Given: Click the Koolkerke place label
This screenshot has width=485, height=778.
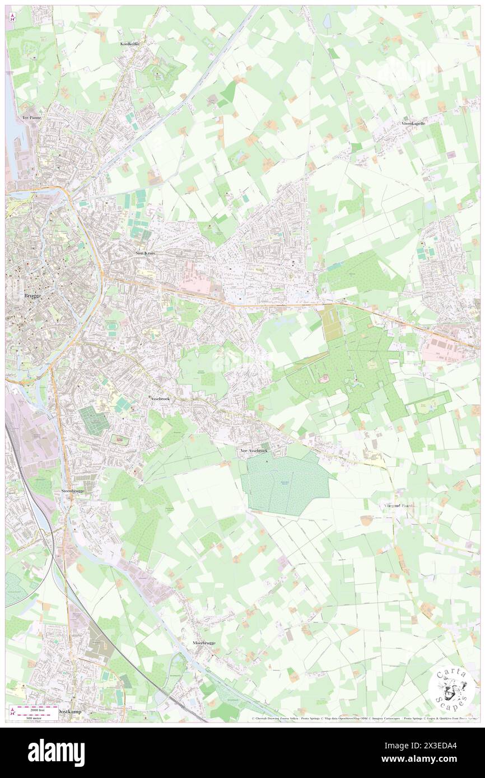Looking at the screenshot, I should tap(130, 44).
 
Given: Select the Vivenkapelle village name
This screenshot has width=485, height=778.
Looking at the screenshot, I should tap(413, 123).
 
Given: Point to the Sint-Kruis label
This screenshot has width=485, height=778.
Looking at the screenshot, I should tap(145, 253).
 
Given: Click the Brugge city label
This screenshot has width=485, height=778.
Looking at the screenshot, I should tap(32, 295).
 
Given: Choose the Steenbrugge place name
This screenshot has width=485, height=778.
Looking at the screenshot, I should tap(72, 491).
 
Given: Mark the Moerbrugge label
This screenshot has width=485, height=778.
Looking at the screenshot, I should tap(204, 643).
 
